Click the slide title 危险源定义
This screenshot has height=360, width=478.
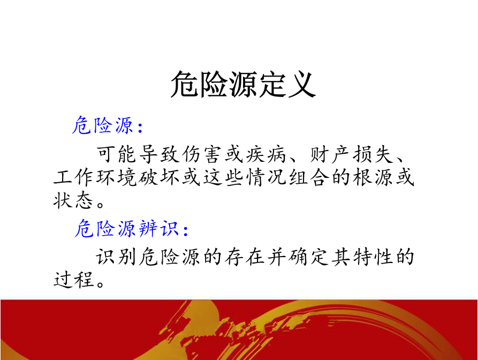(x=243, y=84)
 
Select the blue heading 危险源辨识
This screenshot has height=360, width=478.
(x=126, y=229)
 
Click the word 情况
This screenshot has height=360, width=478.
(x=266, y=177)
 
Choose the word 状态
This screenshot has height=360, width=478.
(x=73, y=200)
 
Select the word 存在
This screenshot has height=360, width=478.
(x=245, y=257)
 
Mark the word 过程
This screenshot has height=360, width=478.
(x=73, y=280)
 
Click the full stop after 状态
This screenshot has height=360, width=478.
(x=101, y=204)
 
